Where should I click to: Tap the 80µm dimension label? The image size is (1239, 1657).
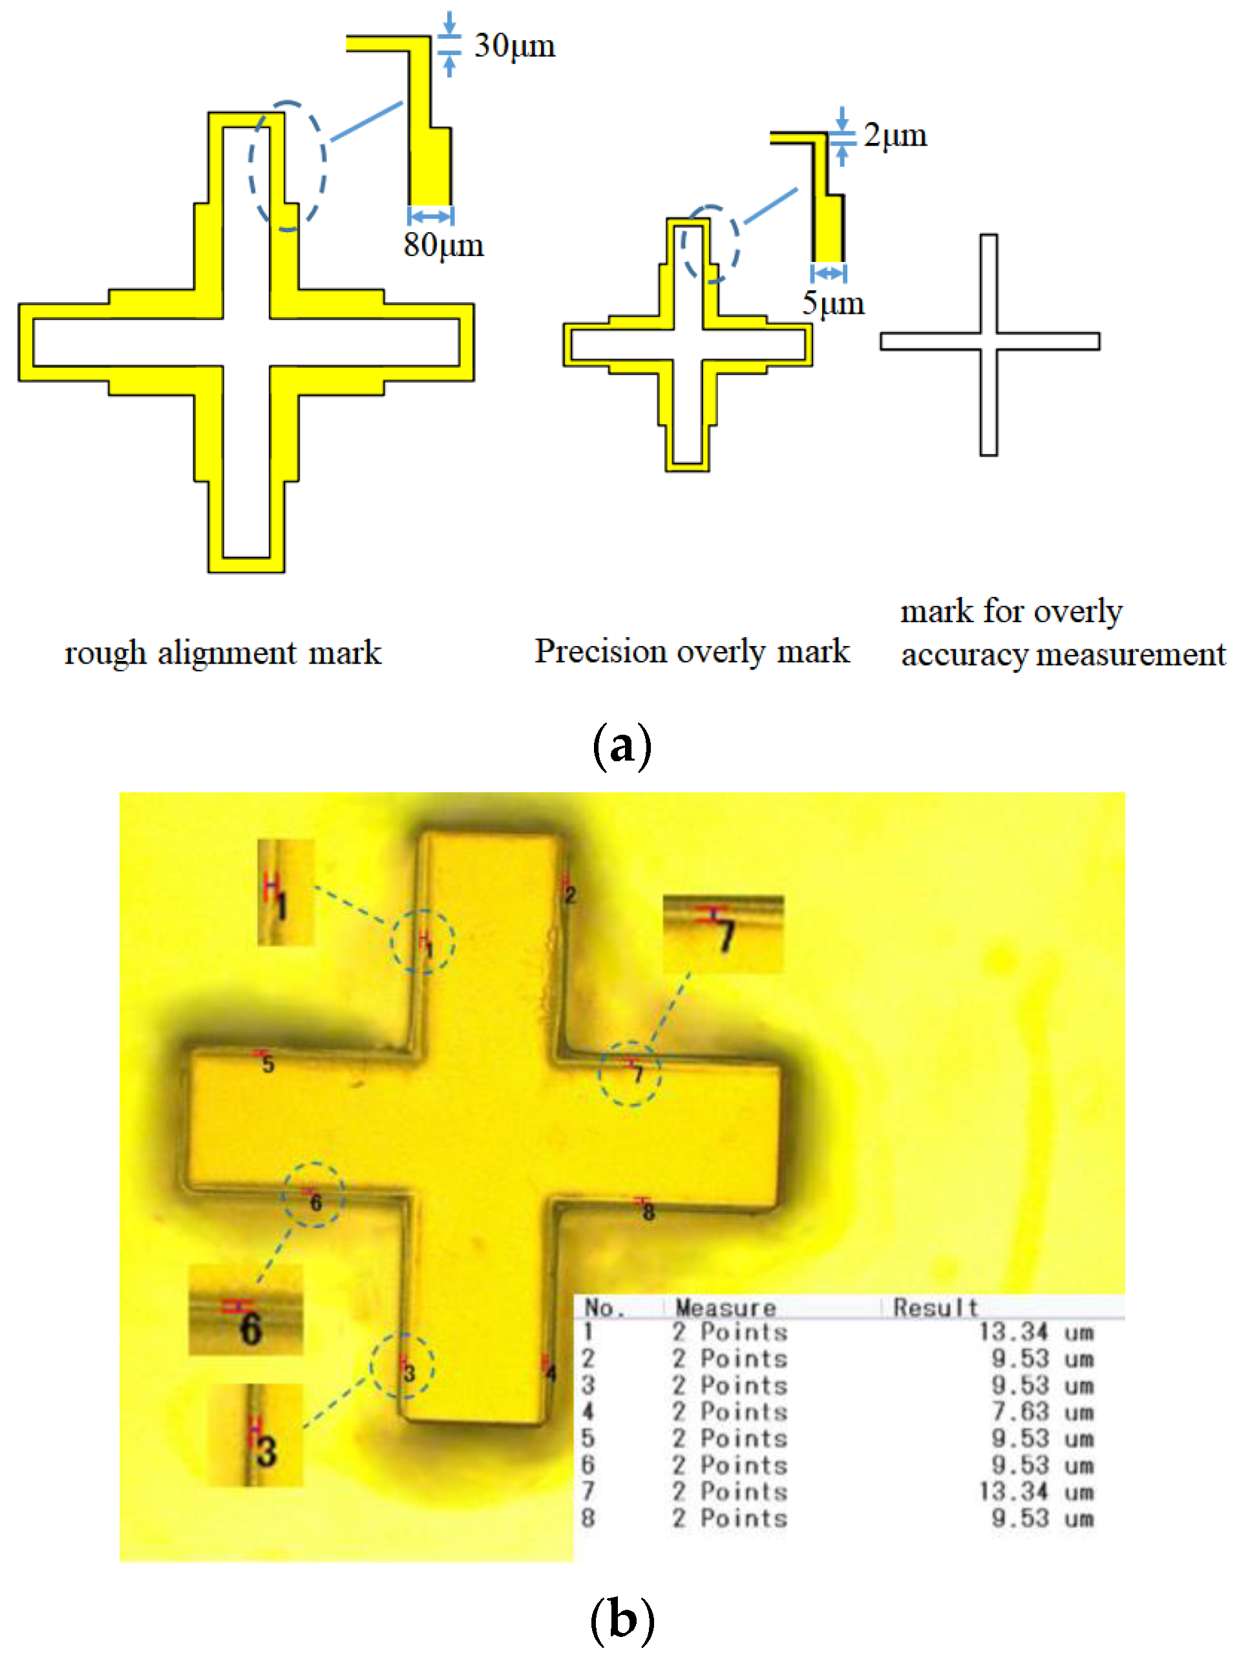pyautogui.click(x=443, y=246)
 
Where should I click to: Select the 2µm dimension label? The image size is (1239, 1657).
pyautogui.click(x=895, y=136)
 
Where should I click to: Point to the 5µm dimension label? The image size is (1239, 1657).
pyautogui.click(x=832, y=303)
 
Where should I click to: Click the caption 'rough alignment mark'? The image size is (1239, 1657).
pyautogui.click(x=222, y=653)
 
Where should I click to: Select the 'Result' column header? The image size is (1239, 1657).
pyautogui.click(x=935, y=1308)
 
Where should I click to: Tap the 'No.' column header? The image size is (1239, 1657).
pyautogui.click(x=604, y=1308)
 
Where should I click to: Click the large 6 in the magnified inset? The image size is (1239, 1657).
pyautogui.click(x=250, y=1329)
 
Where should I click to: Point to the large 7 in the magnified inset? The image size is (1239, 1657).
pyautogui.click(x=725, y=936)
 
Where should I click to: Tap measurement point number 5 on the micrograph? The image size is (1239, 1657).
pyautogui.click(x=268, y=1065)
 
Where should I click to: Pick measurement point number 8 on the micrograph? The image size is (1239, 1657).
pyautogui.click(x=648, y=1212)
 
